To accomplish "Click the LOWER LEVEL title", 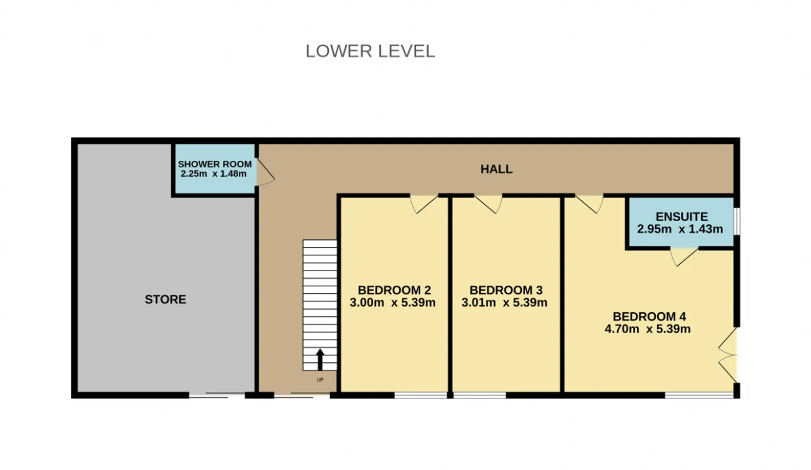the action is pos(370,51).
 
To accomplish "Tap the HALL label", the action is pos(496,169).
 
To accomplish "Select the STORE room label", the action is pos(165,300).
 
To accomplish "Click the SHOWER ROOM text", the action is pos(215,164).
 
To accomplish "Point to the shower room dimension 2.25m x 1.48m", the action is pos(214,174).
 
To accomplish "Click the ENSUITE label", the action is pos(682,217).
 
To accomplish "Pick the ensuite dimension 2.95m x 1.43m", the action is pos(680,229).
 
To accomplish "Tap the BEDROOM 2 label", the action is pos(394,290).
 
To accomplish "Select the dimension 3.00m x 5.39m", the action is pos(392,302).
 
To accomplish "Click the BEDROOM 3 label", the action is pos(506,290).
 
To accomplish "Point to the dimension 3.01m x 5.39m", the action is pos(504,302).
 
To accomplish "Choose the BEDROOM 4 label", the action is pos(649,317).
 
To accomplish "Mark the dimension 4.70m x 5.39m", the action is pos(648,329).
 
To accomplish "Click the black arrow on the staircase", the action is pos(320,359).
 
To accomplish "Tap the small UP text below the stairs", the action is pos(320,380).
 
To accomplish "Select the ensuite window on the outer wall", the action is pos(737,221).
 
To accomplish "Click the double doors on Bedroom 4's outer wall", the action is pos(728,355).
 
